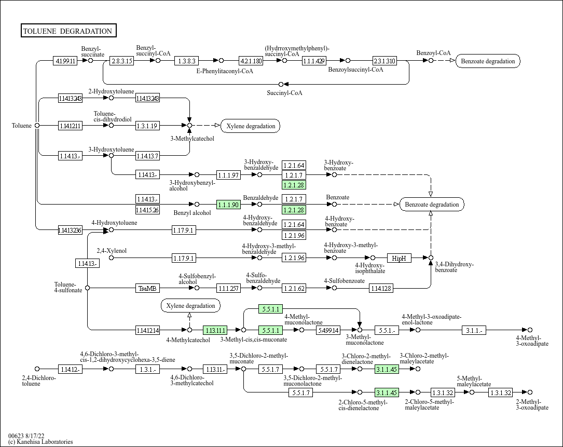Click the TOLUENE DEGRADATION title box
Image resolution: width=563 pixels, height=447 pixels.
pyautogui.click(x=68, y=31)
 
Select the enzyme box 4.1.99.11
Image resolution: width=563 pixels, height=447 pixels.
pyautogui.click(x=65, y=61)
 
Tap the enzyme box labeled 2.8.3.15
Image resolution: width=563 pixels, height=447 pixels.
pyautogui.click(x=122, y=61)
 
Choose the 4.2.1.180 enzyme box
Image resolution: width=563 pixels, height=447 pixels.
pyautogui.click(x=251, y=61)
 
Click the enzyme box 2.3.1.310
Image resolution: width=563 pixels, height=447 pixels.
pyautogui.click(x=385, y=61)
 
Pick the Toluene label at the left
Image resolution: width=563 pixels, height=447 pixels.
pyautogui.click(x=22, y=125)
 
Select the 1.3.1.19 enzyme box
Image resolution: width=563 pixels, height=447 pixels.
pyautogui.click(x=147, y=126)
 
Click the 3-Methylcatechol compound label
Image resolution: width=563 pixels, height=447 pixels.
pyautogui.click(x=192, y=139)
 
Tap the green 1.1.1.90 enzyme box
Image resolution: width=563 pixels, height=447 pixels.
pyautogui.click(x=228, y=205)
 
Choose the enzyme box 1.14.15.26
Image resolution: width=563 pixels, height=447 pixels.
pyautogui.click(x=147, y=210)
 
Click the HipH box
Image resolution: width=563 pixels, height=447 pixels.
pyautogui.click(x=399, y=258)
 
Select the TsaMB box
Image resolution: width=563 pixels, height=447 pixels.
pyautogui.click(x=147, y=288)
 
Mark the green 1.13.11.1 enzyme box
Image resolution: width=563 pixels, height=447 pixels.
pyautogui.click(x=215, y=330)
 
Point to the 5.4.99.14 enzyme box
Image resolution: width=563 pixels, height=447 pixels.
pyautogui.click(x=328, y=330)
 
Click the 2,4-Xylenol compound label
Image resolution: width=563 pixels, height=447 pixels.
pyautogui.click(x=112, y=251)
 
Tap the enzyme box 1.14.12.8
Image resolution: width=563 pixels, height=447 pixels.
pyautogui.click(x=381, y=288)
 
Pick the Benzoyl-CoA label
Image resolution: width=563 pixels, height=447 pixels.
pyautogui.click(x=433, y=53)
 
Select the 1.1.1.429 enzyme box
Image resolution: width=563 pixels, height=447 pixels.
pyautogui.click(x=314, y=61)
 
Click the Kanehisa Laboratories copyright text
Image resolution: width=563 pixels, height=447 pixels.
pyautogui.click(x=40, y=442)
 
